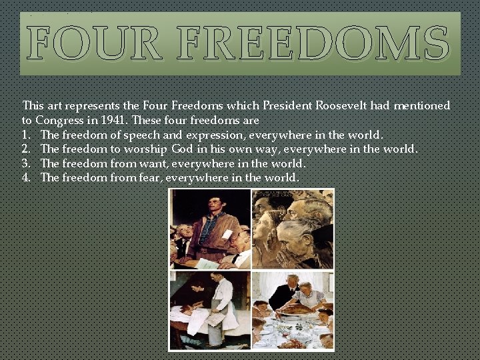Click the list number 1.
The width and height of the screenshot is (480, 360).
click(27, 134)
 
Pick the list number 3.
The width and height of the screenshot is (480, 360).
click(27, 163)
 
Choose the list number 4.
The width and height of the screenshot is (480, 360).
click(27, 178)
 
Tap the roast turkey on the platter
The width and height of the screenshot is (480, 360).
click(294, 307)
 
